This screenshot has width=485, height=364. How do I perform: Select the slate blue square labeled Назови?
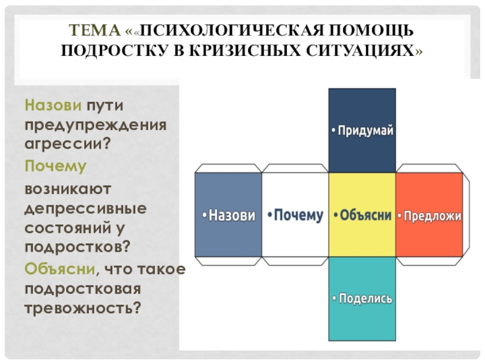tap(228, 215)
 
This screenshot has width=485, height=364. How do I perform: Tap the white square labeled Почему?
tap(295, 215)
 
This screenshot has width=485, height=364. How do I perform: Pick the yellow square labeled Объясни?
tap(362, 215)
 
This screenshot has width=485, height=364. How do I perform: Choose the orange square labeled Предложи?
tap(429, 215)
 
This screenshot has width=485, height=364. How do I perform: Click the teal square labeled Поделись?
tap(362, 298)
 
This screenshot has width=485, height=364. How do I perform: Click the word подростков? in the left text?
tap(78, 248)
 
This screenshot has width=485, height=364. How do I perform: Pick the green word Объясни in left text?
tap(60, 268)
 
